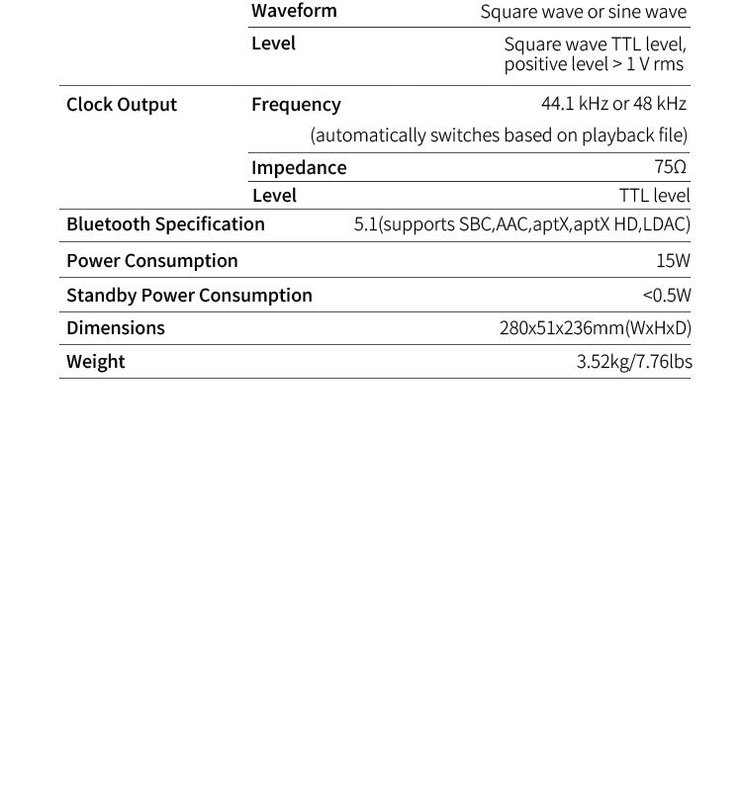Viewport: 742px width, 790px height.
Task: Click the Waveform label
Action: pyautogui.click(x=294, y=11)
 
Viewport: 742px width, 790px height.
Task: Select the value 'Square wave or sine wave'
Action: pyautogui.click(x=583, y=12)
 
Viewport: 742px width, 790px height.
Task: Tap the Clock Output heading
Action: pyautogui.click(x=122, y=105)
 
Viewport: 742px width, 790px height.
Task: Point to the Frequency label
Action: pyautogui.click(x=296, y=105)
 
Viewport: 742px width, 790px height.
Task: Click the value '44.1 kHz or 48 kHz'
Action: pyautogui.click(x=613, y=104)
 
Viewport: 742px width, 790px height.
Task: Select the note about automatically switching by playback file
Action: pyautogui.click(x=499, y=134)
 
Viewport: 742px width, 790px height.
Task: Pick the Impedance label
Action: pyautogui.click(x=299, y=167)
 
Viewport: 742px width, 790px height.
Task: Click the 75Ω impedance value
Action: pyautogui.click(x=670, y=167)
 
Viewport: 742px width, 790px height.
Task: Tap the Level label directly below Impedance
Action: pyautogui.click(x=274, y=196)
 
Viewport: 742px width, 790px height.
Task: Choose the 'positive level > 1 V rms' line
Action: pyautogui.click(x=594, y=65)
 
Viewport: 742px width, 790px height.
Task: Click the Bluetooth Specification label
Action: pyautogui.click(x=165, y=224)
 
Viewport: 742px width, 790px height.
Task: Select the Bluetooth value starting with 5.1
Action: pyautogui.click(x=521, y=224)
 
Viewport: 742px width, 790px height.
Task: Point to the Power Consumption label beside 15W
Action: pyautogui.click(x=151, y=261)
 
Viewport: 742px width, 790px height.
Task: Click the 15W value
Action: pyautogui.click(x=673, y=261)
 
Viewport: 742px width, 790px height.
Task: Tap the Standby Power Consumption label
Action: pyautogui.click(x=189, y=296)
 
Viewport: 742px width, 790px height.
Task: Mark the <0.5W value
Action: pyautogui.click(x=667, y=296)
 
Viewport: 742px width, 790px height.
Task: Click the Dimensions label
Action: pyautogui.click(x=116, y=328)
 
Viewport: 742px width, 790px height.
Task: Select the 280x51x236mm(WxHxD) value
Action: pyautogui.click(x=595, y=328)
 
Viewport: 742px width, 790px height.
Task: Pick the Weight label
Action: pyautogui.click(x=96, y=362)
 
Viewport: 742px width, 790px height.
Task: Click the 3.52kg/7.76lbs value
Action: pyautogui.click(x=634, y=362)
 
